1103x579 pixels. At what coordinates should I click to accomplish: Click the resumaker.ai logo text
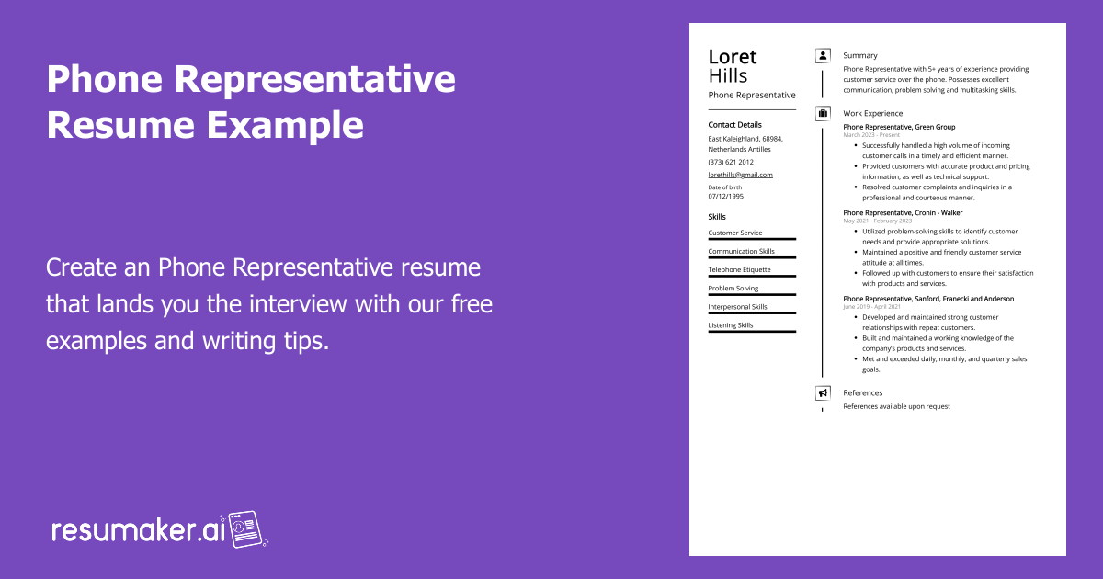click(x=139, y=530)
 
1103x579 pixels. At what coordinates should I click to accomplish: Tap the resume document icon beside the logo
click(x=245, y=529)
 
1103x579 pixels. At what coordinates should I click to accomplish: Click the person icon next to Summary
click(x=823, y=56)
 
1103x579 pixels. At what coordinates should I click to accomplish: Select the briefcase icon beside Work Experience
click(x=823, y=114)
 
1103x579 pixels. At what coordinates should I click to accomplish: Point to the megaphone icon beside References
click(x=823, y=393)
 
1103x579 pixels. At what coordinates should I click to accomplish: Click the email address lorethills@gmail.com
click(x=740, y=175)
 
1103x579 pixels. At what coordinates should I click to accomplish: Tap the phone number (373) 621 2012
click(x=731, y=162)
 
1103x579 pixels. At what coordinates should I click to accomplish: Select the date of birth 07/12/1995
click(x=726, y=196)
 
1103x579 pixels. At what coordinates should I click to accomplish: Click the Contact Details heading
click(x=734, y=125)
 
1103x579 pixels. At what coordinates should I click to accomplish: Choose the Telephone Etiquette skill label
click(x=739, y=269)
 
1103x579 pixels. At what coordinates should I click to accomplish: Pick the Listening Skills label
click(x=730, y=325)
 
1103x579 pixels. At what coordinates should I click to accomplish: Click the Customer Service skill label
click(x=735, y=233)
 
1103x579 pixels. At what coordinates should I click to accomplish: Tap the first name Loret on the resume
click(x=733, y=57)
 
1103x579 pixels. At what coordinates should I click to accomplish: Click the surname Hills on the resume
click(x=728, y=75)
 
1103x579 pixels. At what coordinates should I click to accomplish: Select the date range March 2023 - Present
click(x=871, y=135)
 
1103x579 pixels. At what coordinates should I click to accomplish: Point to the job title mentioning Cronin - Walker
click(x=903, y=212)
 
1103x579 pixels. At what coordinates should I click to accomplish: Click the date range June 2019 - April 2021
click(x=871, y=307)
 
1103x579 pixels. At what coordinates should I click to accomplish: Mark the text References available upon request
click(x=896, y=406)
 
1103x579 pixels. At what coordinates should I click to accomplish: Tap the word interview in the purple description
click(x=298, y=304)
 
